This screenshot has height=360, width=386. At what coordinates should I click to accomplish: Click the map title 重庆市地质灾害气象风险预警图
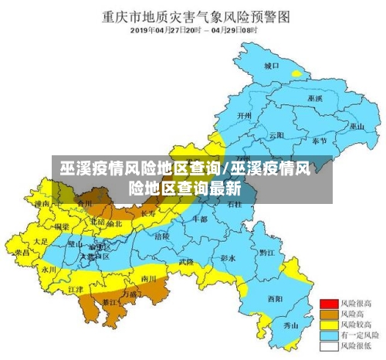tap(193, 15)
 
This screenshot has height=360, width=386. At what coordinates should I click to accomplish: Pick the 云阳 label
tap(277, 134)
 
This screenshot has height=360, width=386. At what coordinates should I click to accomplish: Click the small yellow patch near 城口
tap(296, 73)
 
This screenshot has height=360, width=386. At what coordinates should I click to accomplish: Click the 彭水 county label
tap(228, 256)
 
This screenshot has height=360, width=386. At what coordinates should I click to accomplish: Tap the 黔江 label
tap(266, 253)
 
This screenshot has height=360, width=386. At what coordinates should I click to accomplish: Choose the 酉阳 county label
tap(275, 298)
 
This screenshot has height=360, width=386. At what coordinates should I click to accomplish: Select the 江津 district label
tap(76, 288)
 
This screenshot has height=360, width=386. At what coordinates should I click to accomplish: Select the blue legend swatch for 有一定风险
tap(330, 336)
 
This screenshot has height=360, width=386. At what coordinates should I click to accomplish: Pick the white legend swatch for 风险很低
tap(330, 347)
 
